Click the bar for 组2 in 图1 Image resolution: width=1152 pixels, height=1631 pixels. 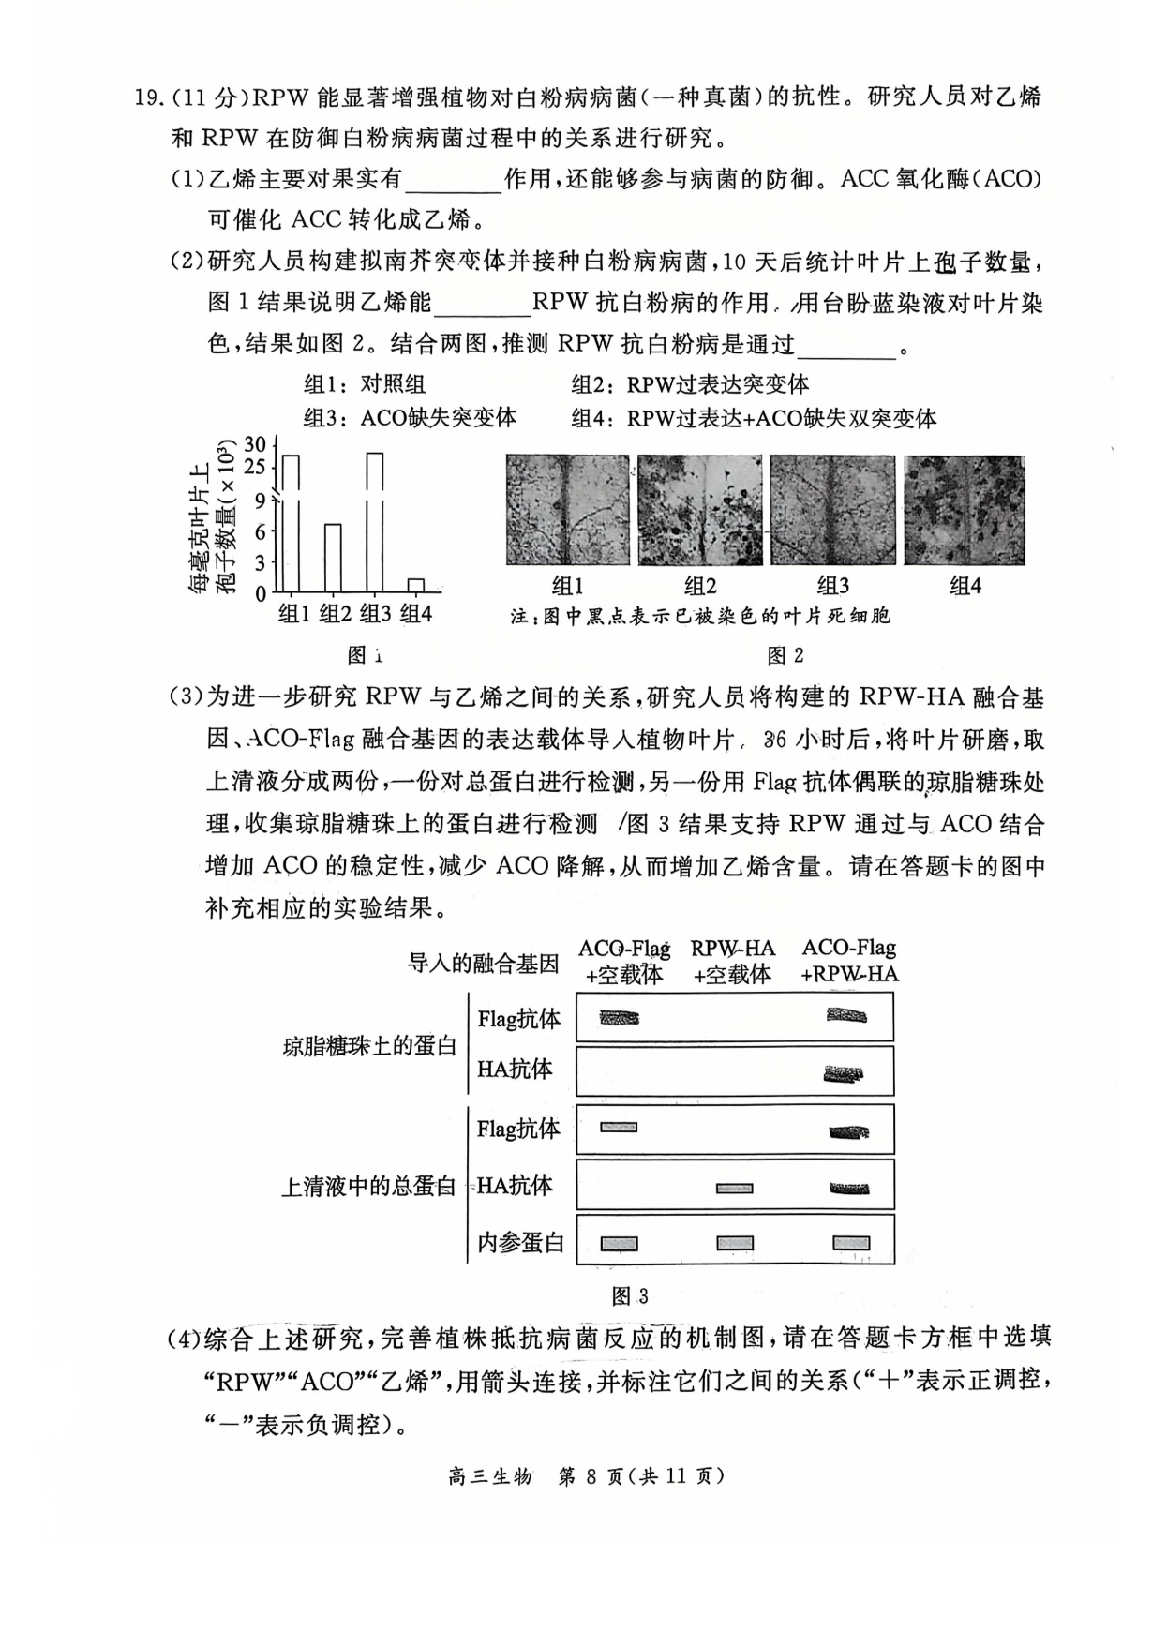pyautogui.click(x=333, y=558)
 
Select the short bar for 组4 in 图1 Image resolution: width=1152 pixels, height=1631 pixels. pyautogui.click(x=416, y=586)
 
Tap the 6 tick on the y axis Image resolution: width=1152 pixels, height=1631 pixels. pyautogui.click(x=260, y=531)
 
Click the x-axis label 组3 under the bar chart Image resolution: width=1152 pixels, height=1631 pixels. pyautogui.click(x=375, y=614)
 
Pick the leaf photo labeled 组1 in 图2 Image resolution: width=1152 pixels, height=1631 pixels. pyautogui.click(x=567, y=510)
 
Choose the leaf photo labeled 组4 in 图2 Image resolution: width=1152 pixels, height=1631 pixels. pyautogui.click(x=965, y=510)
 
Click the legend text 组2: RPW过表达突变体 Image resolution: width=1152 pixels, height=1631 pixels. pyautogui.click(x=690, y=384)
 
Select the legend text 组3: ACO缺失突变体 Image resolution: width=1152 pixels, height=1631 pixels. pyautogui.click(x=410, y=418)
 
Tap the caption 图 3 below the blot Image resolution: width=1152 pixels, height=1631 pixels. pyautogui.click(x=629, y=1296)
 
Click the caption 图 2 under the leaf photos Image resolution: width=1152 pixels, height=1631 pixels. pyautogui.click(x=785, y=655)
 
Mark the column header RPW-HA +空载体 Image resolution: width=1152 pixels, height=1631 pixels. pyautogui.click(x=733, y=962)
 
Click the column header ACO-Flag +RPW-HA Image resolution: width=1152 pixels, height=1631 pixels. pyautogui.click(x=849, y=962)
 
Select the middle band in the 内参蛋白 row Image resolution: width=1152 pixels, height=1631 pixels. pyautogui.click(x=735, y=1244)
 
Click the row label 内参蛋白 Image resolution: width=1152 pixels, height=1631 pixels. pyautogui.click(x=520, y=1243)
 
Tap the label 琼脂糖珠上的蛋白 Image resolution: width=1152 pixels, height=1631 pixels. pyautogui.click(x=369, y=1046)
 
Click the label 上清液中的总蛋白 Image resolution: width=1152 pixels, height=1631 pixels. pyautogui.click(x=368, y=1187)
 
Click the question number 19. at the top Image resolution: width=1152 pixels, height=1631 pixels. pyautogui.click(x=152, y=97)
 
